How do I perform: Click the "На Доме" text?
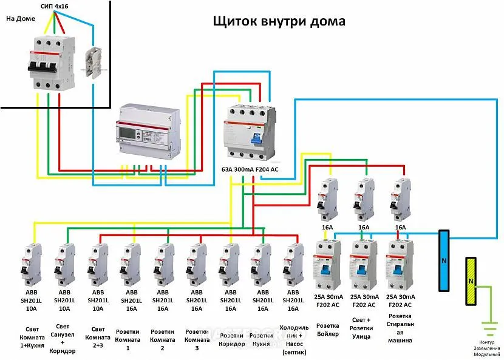(x=21, y=19)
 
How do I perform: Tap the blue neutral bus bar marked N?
(x=444, y=261)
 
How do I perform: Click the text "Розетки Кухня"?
(x=261, y=339)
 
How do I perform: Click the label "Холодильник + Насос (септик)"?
(x=293, y=339)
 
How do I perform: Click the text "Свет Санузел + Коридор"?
(x=63, y=339)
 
